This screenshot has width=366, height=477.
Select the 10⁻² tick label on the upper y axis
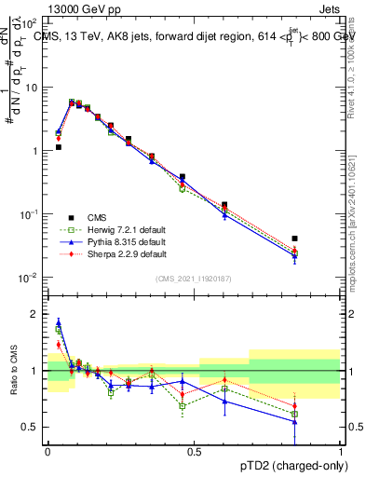click(x=30, y=278)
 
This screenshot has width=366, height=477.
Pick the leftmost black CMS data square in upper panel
click(x=58, y=147)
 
